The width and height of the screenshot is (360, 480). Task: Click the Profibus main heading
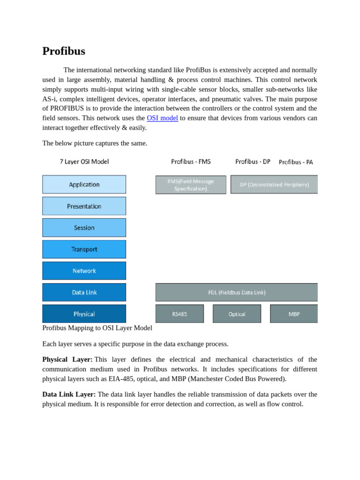(64, 51)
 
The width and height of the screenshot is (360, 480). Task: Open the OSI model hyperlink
(162, 118)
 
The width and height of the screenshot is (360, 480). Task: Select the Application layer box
(84, 185)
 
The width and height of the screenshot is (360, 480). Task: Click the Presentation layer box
(84, 206)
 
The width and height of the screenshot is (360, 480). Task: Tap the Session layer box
(84, 228)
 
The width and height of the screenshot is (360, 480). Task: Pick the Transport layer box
(84, 249)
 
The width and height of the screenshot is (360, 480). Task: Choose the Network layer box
(84, 271)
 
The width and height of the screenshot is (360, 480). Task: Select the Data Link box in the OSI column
(84, 292)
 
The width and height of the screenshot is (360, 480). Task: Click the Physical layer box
(84, 314)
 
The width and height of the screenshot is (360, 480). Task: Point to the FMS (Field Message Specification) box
(191, 185)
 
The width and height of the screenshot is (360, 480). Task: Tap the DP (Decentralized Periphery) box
(274, 185)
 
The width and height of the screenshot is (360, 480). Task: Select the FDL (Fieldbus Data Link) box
(237, 292)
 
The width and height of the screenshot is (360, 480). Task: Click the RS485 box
(180, 314)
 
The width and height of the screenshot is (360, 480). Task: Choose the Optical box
(237, 314)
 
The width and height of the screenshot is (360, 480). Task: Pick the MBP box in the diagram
(294, 314)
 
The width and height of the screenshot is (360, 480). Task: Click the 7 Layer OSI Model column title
(84, 162)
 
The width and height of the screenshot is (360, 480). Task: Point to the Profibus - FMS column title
(191, 162)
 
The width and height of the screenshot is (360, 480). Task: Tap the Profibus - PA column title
(296, 162)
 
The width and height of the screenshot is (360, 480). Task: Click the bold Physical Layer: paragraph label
(67, 360)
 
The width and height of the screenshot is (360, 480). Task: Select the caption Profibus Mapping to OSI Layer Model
(97, 328)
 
